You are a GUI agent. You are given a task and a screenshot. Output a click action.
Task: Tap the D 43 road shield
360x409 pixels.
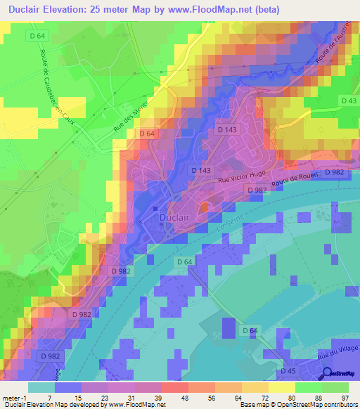coord(347,101)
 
